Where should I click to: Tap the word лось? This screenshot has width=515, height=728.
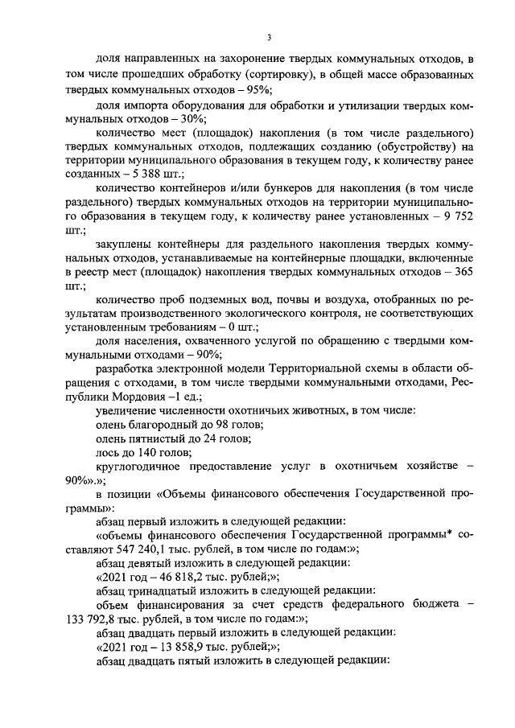(x=106, y=454)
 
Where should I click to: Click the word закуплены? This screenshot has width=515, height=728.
(x=123, y=244)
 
